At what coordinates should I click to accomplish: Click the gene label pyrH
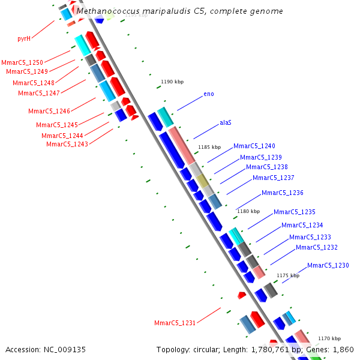[23, 38]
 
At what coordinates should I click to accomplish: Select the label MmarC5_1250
[22, 62]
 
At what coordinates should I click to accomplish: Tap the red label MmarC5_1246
[49, 111]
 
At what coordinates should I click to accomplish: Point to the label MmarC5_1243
[67, 144]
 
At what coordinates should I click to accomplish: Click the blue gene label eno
[209, 94]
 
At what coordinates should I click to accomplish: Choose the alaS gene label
[226, 122]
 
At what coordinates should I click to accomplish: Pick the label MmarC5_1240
[254, 146]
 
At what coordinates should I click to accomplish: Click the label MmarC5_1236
[283, 193]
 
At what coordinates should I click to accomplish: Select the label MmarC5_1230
[328, 265]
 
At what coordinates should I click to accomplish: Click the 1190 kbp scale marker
[172, 82]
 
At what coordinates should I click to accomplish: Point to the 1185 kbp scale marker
[209, 147]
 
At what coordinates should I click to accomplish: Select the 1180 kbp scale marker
[248, 211]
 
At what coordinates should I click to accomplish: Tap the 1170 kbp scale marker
[329, 338]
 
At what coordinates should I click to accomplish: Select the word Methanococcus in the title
[104, 11]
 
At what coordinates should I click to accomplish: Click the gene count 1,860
[344, 349]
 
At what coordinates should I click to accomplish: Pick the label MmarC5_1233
[310, 237]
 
